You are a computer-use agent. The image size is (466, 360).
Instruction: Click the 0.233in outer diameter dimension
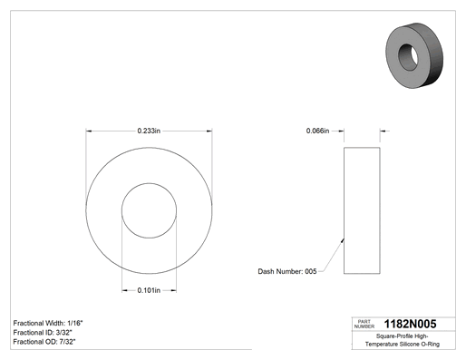pyautogui.click(x=149, y=131)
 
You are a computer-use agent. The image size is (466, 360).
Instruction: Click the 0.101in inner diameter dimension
pyautogui.click(x=149, y=290)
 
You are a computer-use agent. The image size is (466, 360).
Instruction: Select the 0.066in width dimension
pyautogui.click(x=317, y=131)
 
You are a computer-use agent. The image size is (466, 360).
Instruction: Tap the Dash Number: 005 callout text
pyautogui.click(x=287, y=271)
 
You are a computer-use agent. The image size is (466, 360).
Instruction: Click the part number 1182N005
pyautogui.click(x=410, y=324)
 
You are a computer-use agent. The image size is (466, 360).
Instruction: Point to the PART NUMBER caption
pyautogui.click(x=364, y=324)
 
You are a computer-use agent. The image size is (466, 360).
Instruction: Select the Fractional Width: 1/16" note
pyautogui.click(x=48, y=323)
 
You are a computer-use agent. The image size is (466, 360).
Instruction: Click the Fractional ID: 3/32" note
pyautogui.click(x=43, y=333)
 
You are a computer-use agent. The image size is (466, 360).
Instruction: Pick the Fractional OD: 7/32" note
pyautogui.click(x=44, y=342)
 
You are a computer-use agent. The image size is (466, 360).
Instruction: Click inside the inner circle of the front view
pyautogui.click(x=149, y=210)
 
